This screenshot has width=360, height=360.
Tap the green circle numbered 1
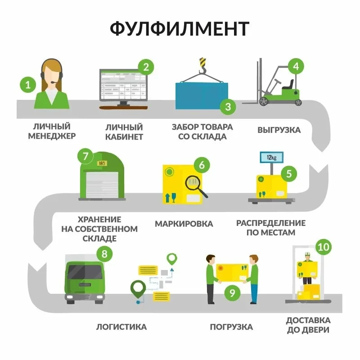28,84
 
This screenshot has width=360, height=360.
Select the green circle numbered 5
289,174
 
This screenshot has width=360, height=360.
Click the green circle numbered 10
323,247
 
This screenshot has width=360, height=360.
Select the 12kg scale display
271,157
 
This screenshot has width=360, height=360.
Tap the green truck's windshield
85,272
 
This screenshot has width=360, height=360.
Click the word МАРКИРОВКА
184,224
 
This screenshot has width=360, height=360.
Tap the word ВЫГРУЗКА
279,130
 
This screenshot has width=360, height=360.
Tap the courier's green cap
307,255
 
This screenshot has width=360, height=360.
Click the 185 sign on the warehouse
101,163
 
